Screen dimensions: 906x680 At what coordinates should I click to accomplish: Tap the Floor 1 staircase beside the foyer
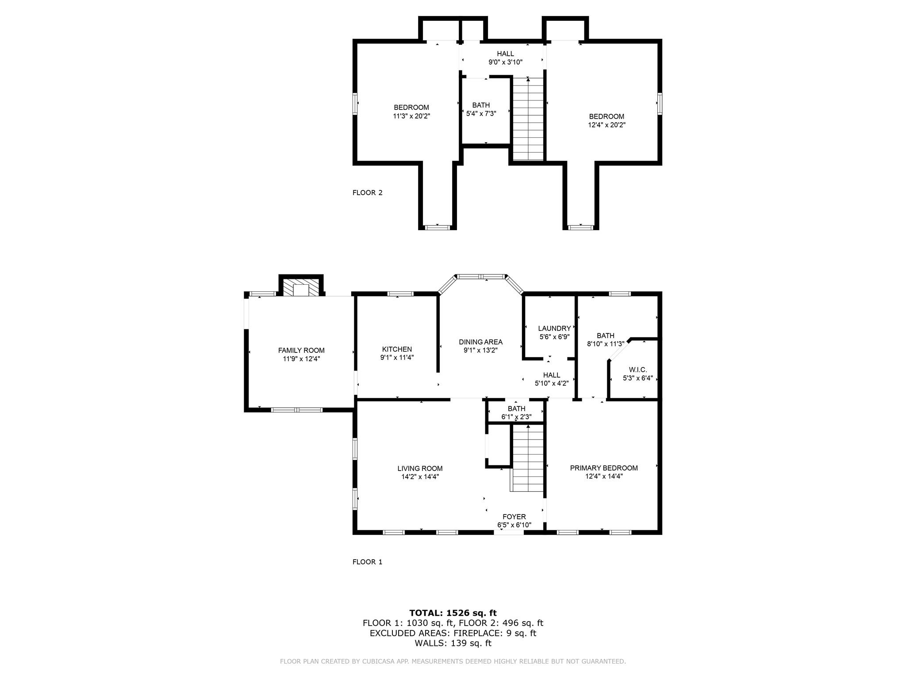point(527,458)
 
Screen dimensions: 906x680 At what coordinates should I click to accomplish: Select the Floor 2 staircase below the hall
point(528,119)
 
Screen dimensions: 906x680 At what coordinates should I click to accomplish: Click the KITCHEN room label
point(397,349)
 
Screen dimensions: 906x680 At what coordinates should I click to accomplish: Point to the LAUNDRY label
point(554,328)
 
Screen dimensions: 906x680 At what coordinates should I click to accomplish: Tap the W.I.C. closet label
point(637,370)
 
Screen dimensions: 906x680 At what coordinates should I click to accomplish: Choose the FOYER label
point(514,517)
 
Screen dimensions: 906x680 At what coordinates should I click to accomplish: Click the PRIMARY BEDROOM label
point(604,468)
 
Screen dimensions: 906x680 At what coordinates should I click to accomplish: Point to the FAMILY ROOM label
point(301,350)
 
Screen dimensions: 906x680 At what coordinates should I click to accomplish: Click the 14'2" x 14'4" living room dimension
point(420,477)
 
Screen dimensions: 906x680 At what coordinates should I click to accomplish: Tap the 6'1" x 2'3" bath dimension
point(516,417)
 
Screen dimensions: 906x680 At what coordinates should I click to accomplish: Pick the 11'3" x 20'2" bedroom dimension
point(411,116)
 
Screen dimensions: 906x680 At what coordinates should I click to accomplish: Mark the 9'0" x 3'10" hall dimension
point(505,62)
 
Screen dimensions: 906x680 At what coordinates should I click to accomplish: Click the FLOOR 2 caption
point(367,193)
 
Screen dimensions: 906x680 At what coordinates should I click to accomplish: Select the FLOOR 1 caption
point(367,562)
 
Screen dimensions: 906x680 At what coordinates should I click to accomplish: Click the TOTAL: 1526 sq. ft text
point(453,613)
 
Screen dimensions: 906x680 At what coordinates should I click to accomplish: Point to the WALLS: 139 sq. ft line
point(453,643)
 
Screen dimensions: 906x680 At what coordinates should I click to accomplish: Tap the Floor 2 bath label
point(481,105)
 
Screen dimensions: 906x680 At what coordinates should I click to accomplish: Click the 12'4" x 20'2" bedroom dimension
point(607,125)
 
